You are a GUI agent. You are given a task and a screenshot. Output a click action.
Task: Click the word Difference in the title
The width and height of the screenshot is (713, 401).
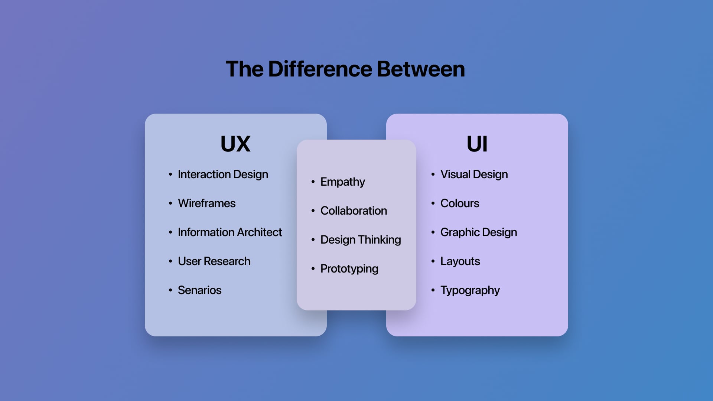(320, 69)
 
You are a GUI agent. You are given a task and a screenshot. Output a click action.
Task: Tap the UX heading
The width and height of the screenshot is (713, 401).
(235, 144)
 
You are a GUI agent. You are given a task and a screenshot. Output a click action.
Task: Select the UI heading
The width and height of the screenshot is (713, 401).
(477, 144)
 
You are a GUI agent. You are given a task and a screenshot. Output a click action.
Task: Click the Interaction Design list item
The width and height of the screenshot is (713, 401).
(223, 175)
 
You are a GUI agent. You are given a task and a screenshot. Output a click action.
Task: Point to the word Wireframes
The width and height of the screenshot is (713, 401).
(206, 203)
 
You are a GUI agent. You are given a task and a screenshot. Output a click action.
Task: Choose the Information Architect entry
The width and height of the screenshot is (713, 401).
(230, 232)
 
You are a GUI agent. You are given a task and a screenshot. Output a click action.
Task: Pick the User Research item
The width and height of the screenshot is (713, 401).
(214, 261)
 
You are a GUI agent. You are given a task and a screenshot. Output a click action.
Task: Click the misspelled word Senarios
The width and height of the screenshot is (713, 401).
(199, 290)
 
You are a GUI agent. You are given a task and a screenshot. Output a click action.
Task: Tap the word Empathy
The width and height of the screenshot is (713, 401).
(342, 182)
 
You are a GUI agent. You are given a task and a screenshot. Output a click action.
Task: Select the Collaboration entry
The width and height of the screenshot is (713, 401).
(354, 211)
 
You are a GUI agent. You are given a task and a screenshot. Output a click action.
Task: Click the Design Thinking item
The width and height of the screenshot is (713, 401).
(361, 240)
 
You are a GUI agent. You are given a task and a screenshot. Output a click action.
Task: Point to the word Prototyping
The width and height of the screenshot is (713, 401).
(349, 269)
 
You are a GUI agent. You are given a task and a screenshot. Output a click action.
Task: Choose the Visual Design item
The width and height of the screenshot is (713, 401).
(474, 175)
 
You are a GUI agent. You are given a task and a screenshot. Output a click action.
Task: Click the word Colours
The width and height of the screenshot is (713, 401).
(460, 203)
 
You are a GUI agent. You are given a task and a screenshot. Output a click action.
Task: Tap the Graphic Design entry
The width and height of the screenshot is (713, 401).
(479, 232)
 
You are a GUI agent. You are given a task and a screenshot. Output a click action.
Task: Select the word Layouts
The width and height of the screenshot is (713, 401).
(460, 261)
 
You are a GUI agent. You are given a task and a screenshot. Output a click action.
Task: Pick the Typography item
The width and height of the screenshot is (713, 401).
(470, 290)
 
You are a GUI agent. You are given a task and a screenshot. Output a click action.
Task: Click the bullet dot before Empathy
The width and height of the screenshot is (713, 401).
(313, 182)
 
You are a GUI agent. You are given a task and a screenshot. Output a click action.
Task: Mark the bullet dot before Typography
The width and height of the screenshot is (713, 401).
(433, 290)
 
